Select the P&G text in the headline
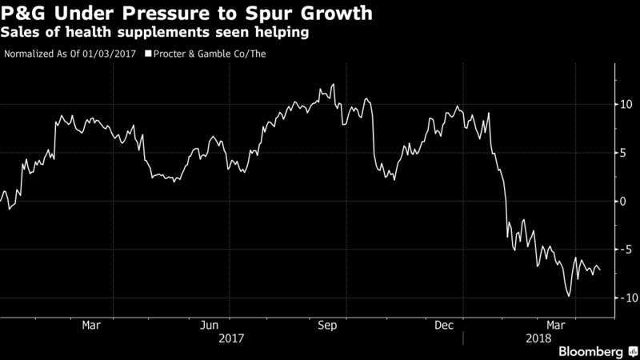pyautogui.click(x=25, y=14)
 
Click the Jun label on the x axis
pyautogui.click(x=209, y=325)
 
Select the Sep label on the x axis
pyautogui.click(x=326, y=325)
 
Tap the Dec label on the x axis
pyautogui.click(x=443, y=325)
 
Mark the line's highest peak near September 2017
pyautogui.click(x=333, y=84)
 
